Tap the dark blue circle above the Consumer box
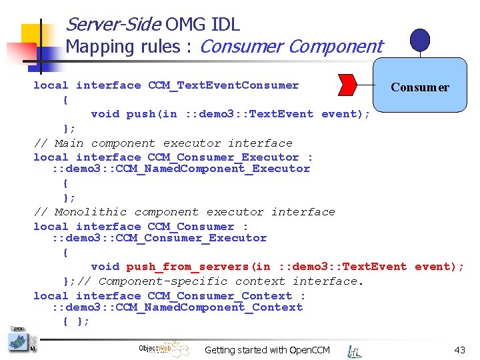coord(419,41)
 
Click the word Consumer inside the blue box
coord(420,87)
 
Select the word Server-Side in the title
coord(113,25)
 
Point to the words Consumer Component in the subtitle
coord(291,47)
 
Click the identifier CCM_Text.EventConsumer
coord(223,85)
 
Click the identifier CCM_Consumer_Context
coord(220,296)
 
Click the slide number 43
coord(459,350)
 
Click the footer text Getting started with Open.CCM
coord(267,350)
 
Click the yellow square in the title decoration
coord(33,37)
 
